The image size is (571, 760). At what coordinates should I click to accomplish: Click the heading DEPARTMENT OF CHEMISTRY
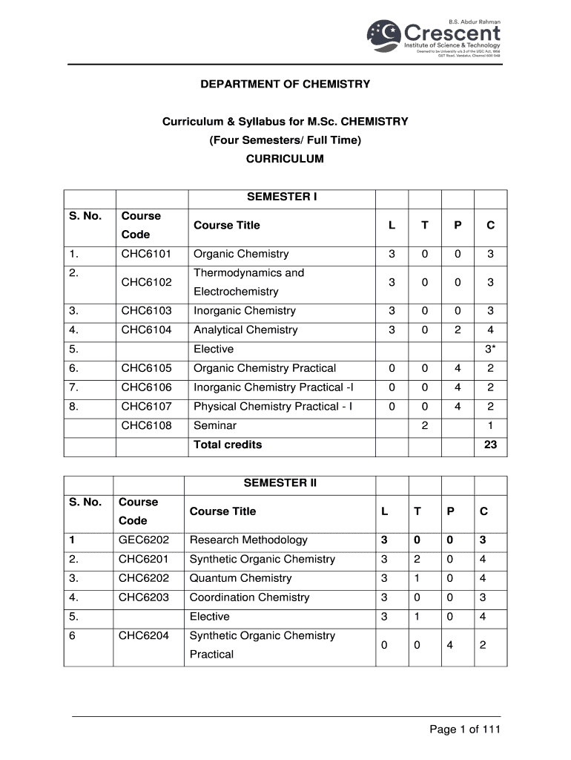285,85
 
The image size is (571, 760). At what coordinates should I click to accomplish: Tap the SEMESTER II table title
280,483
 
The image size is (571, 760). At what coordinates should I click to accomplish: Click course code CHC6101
146,255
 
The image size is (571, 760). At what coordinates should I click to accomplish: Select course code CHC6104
146,330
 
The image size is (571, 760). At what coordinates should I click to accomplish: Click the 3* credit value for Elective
490,350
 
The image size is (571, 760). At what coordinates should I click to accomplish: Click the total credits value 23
490,445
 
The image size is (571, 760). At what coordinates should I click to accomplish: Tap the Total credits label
228,445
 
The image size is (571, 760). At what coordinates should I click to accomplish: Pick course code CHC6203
144,597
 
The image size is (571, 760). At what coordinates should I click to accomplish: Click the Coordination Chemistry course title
249,597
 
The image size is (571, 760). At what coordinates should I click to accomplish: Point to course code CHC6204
144,636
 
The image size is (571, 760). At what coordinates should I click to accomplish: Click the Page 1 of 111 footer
465,730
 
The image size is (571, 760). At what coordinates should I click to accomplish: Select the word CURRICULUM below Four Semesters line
285,159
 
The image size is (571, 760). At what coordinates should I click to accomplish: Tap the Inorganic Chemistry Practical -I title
274,387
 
